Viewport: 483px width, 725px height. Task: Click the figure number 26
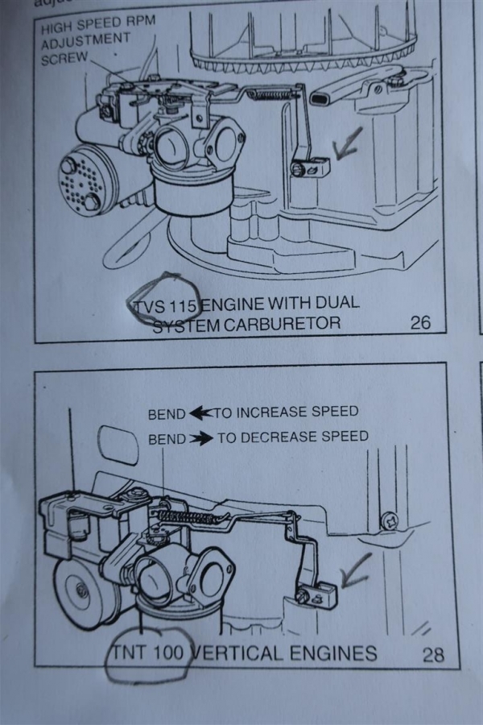click(x=420, y=322)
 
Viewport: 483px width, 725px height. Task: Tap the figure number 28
click(x=433, y=654)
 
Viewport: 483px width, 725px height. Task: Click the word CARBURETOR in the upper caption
click(x=282, y=323)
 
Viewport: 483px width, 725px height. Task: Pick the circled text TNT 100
click(x=148, y=652)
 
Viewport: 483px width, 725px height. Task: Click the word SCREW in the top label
click(x=64, y=59)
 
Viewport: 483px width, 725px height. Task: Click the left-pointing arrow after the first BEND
click(x=200, y=413)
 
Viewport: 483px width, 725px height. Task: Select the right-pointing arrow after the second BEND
click(x=201, y=438)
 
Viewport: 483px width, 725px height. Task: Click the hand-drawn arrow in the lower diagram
click(x=356, y=570)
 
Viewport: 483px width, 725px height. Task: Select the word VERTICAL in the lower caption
click(x=237, y=652)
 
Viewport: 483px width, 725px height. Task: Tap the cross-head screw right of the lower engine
click(x=389, y=521)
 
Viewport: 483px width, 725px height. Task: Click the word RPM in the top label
click(x=140, y=21)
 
